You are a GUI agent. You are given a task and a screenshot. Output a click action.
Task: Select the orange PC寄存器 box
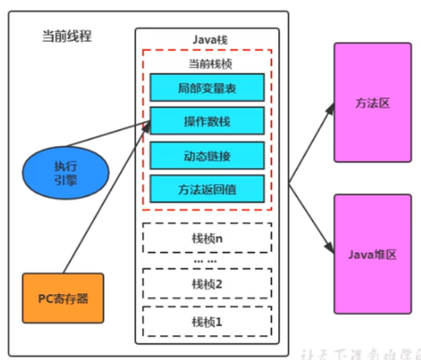(63, 297)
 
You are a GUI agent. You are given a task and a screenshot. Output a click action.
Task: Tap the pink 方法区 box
(373, 103)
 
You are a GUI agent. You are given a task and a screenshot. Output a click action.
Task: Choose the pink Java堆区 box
(373, 253)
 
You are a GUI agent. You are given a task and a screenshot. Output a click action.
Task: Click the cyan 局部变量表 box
(207, 87)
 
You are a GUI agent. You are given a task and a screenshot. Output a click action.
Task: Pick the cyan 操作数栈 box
(207, 121)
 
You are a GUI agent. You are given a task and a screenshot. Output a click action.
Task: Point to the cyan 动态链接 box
(207, 155)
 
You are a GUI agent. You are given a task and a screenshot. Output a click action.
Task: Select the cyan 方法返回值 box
(207, 189)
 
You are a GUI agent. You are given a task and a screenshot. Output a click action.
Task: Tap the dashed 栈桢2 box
(207, 283)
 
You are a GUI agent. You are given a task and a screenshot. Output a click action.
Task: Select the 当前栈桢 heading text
(207, 64)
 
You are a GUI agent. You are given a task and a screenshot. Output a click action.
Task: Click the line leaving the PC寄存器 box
(101, 202)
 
